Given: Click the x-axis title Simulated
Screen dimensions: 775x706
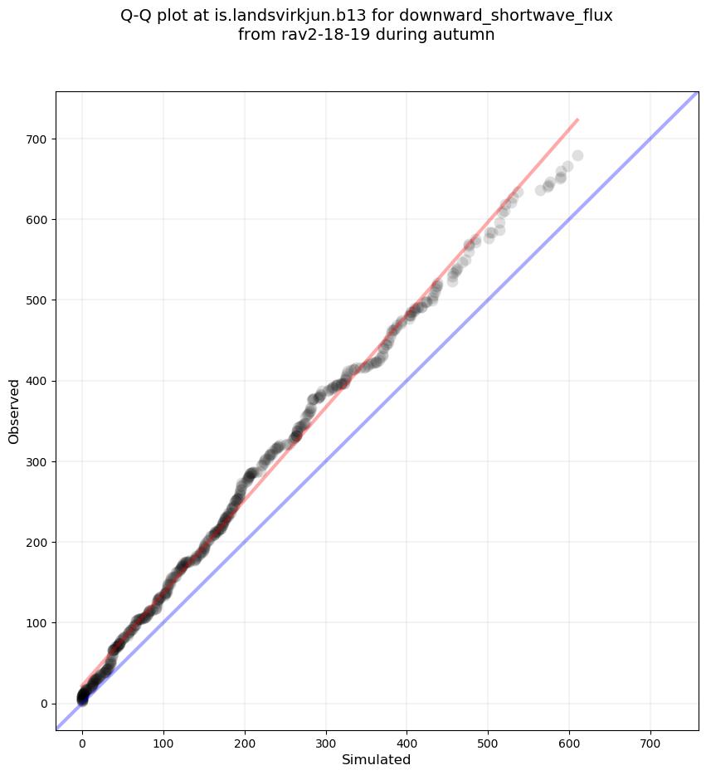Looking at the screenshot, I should click(x=377, y=759).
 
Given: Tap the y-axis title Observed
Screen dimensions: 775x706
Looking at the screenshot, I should click(x=14, y=412).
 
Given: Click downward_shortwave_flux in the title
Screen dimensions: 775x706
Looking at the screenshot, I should click(x=506, y=16).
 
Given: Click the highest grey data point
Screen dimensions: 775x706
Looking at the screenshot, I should click(x=577, y=155).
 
